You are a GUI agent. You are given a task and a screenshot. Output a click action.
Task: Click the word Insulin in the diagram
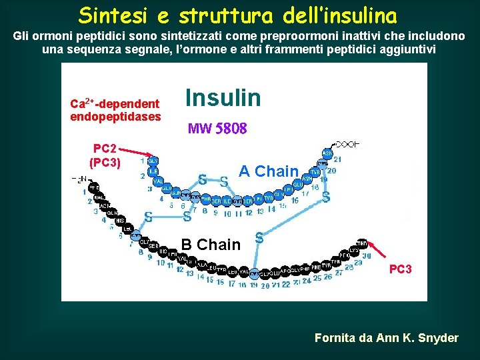pos(223,98)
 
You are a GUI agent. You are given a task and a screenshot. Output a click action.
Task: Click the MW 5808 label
pos(217,128)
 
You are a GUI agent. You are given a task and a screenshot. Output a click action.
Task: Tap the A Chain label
pos(268,171)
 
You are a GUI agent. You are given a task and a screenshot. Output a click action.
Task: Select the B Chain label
pos(211,245)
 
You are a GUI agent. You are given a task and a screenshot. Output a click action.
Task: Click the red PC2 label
pos(105,149)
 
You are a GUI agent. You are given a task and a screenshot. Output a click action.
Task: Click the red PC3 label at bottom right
pos(400,269)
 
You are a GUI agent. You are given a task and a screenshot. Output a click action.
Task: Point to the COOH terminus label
pos(347,143)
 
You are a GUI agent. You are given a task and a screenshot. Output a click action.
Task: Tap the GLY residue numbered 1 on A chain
pos(153,161)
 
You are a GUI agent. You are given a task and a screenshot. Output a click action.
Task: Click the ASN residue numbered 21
pos(327,153)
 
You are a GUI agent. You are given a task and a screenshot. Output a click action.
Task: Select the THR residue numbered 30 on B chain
pos(362,243)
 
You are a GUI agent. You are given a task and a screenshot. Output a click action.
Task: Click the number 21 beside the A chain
pos(338,159)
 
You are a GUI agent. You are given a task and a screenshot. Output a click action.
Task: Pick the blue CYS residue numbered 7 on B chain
pos(136,236)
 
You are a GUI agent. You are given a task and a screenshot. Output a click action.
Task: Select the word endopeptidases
pos(115,117)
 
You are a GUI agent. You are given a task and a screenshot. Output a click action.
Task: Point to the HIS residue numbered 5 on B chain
pos(119,220)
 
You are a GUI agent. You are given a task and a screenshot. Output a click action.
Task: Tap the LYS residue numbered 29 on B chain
pos(353,250)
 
